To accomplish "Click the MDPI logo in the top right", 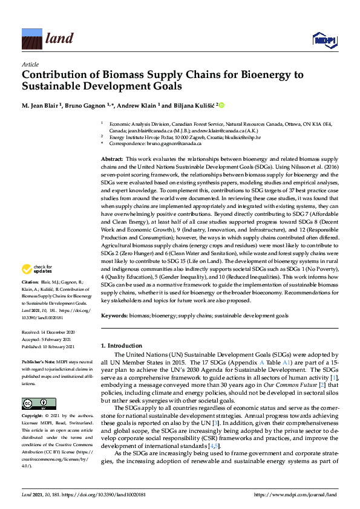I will pyautogui.click(x=323, y=40).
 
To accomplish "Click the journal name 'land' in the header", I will pyautogui.click(x=59, y=39).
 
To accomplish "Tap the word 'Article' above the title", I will pyautogui.click(x=30, y=64).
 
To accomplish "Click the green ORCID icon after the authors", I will pyautogui.click(x=221, y=106).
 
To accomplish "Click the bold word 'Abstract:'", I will pyautogui.click(x=113, y=158).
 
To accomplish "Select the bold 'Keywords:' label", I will pyautogui.click(x=115, y=316).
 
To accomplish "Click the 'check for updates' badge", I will pyautogui.click(x=39, y=268).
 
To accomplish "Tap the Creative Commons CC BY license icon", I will pyautogui.click(x=31, y=386).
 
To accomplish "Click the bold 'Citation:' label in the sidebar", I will pyautogui.click(x=30, y=282).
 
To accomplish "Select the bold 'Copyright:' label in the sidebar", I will pyautogui.click(x=33, y=400).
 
